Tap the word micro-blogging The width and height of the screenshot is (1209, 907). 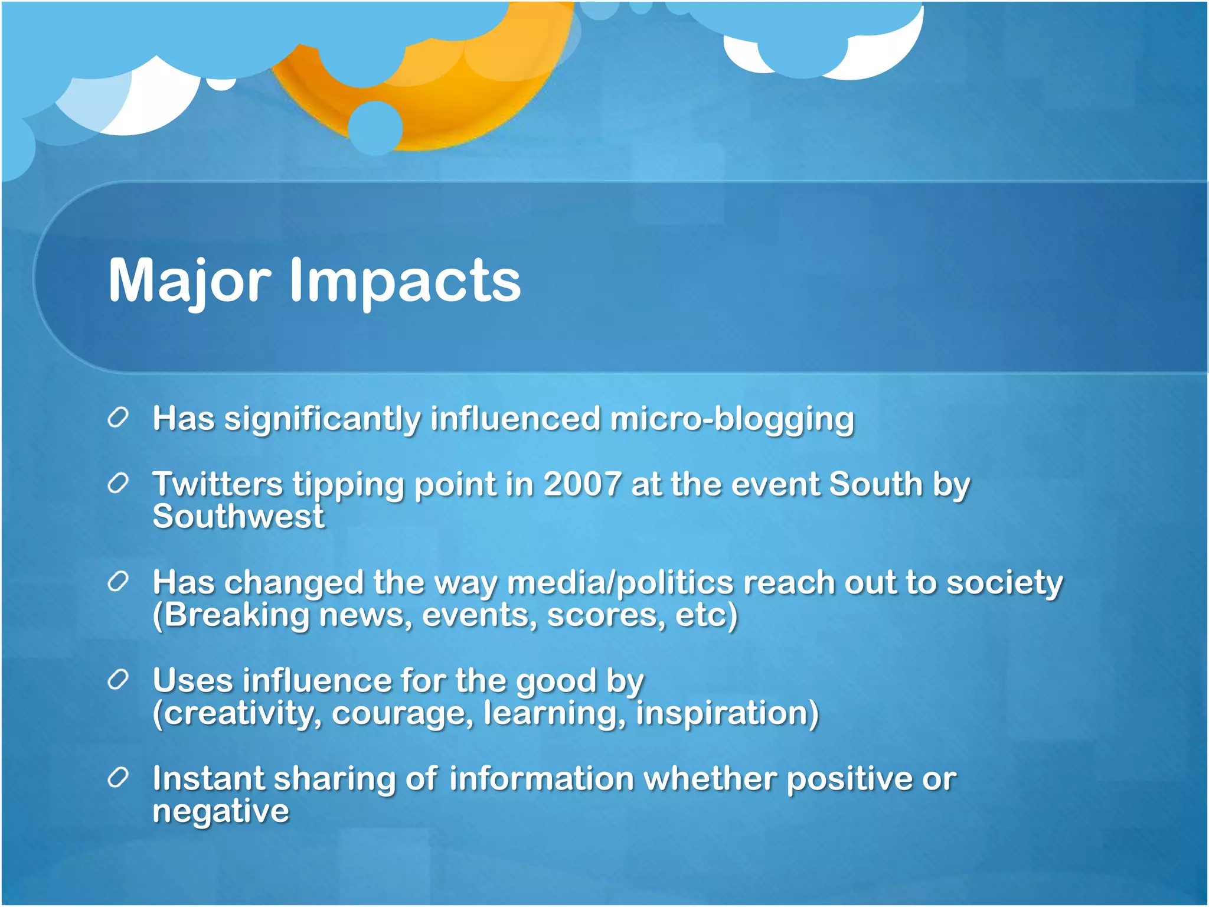[732, 419]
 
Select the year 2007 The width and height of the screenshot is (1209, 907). [582, 484]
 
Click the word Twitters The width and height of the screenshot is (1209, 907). [218, 484]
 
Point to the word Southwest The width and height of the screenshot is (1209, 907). [238, 517]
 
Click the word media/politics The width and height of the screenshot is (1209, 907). [620, 583]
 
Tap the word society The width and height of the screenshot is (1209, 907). [1004, 583]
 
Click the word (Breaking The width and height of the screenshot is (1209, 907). [231, 615]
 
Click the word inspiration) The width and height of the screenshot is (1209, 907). [727, 713]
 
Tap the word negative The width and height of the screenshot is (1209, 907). [221, 811]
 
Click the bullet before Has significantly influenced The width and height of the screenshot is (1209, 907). [118, 418]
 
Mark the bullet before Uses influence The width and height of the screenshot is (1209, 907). [118, 680]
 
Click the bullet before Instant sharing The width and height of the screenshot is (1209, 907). [118, 778]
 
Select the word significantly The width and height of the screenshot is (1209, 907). [322, 419]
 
